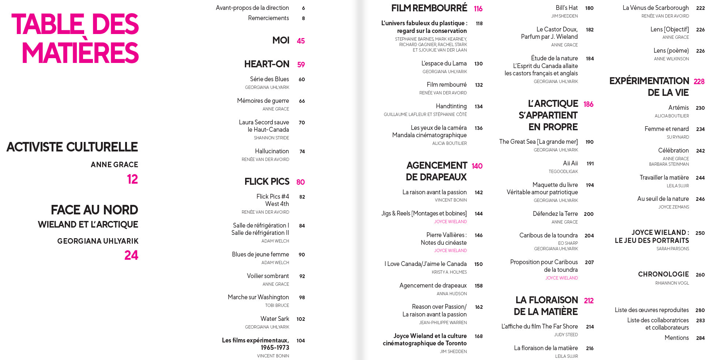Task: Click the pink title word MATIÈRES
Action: click(80, 52)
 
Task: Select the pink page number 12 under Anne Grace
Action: click(132, 179)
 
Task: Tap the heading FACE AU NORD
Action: click(94, 210)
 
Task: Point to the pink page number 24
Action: click(131, 255)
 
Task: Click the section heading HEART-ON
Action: click(267, 64)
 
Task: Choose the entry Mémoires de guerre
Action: click(263, 101)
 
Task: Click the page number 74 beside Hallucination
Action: click(302, 151)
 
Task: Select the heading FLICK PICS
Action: click(267, 182)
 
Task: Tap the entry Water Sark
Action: click(274, 319)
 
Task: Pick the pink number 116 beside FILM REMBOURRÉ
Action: click(478, 9)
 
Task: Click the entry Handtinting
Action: click(451, 106)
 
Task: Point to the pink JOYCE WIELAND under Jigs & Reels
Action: click(450, 222)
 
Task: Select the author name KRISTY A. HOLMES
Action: click(449, 272)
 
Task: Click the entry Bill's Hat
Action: click(566, 8)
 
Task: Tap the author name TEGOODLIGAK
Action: click(563, 172)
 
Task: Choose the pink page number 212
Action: click(589, 301)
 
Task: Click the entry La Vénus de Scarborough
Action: click(656, 8)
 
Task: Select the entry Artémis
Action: click(678, 108)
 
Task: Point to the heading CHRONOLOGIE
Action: click(663, 274)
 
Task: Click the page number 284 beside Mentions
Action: click(700, 338)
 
